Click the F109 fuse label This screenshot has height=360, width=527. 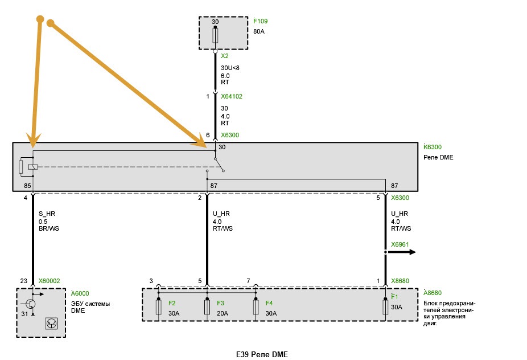(261, 21)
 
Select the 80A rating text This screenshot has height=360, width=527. (259, 31)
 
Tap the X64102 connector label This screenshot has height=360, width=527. (232, 96)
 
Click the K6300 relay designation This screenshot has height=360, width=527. (433, 147)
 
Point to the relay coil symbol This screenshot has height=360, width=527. (32, 166)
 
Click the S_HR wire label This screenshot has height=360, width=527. (47, 214)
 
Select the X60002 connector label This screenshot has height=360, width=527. (49, 281)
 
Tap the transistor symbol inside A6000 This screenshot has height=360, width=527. (31, 304)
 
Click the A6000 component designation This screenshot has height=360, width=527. (80, 293)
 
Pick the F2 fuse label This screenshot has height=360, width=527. (172, 303)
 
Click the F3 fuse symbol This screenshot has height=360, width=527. (207, 307)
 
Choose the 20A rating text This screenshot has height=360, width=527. (223, 313)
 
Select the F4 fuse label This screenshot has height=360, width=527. (269, 303)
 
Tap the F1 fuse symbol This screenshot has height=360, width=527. (385, 307)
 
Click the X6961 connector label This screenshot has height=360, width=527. (400, 244)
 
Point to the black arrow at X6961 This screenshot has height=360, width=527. (400, 252)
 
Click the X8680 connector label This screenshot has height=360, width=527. (400, 281)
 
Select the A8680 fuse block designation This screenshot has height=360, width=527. (433, 293)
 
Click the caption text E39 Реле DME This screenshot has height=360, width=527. (262, 355)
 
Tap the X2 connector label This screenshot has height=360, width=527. (224, 56)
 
